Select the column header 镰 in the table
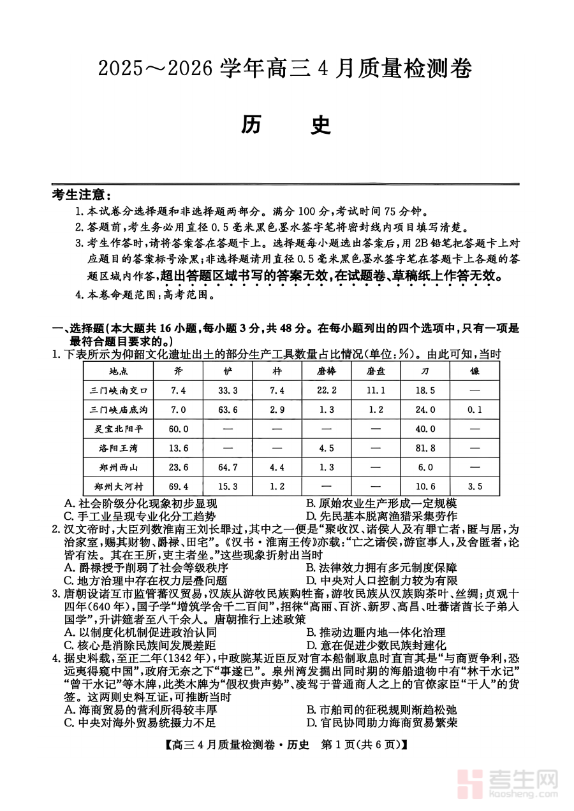[475, 370]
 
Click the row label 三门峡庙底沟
[119, 410]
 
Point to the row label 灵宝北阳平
[119, 429]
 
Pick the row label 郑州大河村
[119, 486]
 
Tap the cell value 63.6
[228, 410]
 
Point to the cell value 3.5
[475, 486]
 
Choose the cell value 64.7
[228, 467]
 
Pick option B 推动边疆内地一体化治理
[375, 633]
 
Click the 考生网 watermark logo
[510, 782]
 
